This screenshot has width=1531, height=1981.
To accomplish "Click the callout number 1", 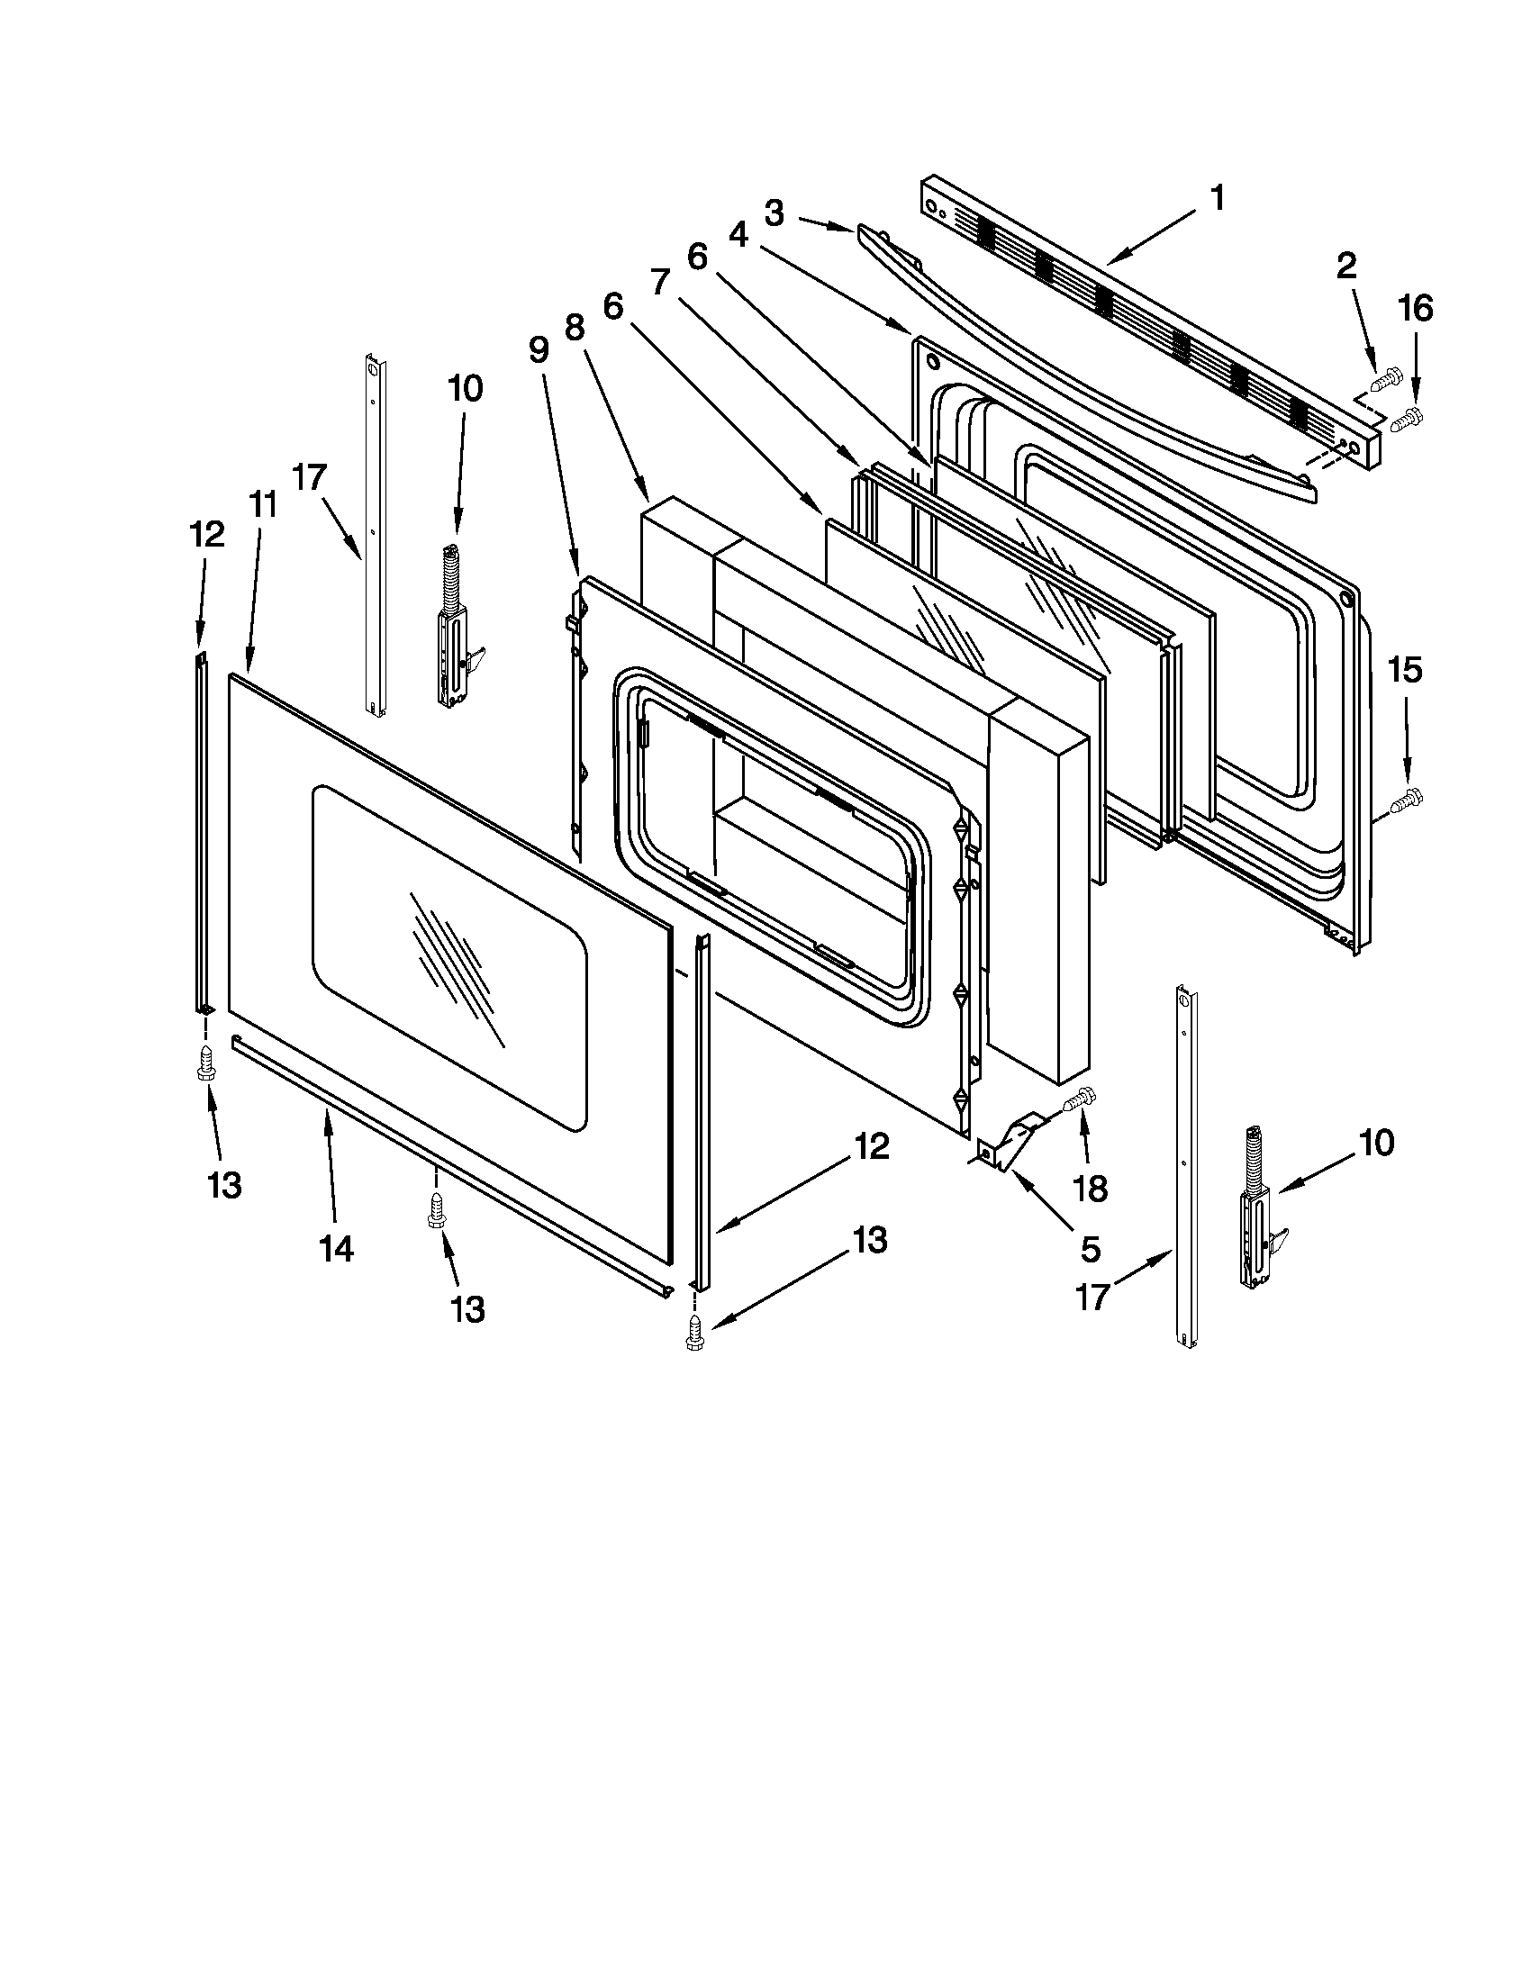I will [x=1218, y=198].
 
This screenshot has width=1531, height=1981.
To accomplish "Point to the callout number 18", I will [x=1091, y=1189].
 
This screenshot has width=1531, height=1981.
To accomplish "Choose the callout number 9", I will [x=539, y=350].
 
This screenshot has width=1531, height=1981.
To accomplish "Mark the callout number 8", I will [x=575, y=328].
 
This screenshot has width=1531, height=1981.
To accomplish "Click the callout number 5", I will [x=1091, y=1249].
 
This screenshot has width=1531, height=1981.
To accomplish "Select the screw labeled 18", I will [x=1077, y=1099].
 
